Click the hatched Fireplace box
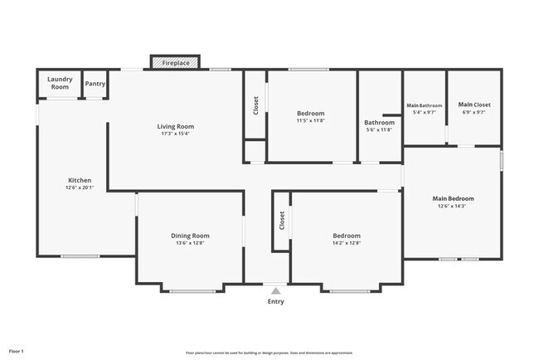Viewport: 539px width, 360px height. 174,63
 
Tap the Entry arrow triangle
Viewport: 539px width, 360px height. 275,290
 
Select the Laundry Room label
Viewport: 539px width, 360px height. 60,83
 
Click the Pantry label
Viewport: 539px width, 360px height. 95,84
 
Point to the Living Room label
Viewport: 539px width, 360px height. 175,126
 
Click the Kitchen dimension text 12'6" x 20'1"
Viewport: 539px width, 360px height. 80,187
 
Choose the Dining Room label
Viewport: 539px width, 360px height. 190,236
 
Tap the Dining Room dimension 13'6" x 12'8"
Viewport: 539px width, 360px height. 190,243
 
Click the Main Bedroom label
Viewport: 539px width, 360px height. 453,198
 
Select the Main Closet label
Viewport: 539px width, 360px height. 474,105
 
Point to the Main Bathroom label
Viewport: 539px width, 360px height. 424,105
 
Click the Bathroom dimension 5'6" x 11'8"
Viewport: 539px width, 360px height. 379,129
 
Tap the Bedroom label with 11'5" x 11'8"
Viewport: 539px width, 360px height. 310,113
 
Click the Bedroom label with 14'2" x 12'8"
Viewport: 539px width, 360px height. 347,236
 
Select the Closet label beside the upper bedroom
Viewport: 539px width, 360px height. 255,105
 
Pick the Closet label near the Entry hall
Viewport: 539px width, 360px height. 282,220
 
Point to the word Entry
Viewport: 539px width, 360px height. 275,301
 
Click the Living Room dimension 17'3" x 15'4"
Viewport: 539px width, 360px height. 175,134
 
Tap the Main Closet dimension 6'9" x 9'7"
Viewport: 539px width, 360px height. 474,113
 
